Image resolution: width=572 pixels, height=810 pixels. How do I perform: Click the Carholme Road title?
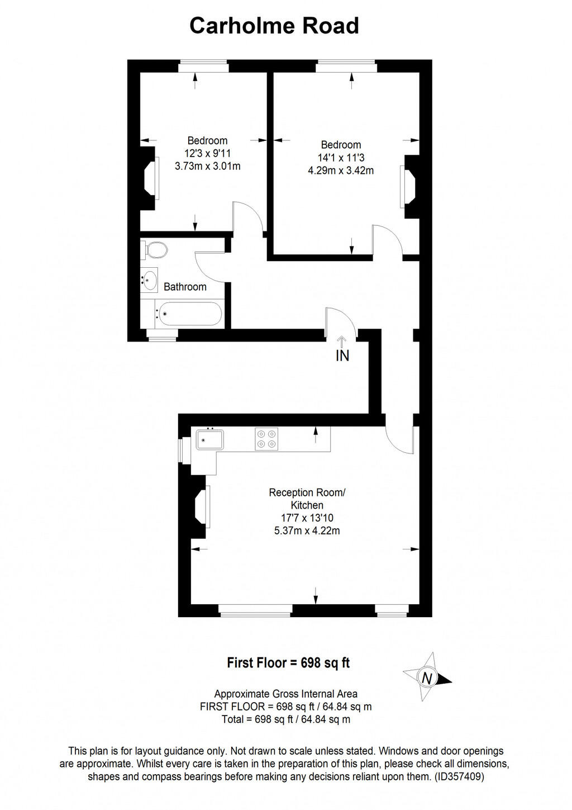[274, 26]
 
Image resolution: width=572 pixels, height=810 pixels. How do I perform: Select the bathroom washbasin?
[150, 280]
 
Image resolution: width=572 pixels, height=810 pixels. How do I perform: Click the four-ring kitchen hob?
[266, 438]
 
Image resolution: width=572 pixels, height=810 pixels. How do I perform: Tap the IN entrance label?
[342, 355]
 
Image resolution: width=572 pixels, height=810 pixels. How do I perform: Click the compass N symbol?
[427, 678]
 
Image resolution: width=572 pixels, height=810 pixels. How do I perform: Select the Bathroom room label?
[185, 287]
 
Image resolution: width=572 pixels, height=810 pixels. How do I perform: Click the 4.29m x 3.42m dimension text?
[341, 170]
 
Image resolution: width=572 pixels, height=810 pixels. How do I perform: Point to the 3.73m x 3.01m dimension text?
[208, 166]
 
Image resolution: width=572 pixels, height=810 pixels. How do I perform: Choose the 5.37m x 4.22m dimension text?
[307, 530]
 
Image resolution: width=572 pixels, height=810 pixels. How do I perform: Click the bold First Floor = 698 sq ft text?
[288, 663]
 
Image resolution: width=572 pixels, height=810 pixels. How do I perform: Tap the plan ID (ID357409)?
[460, 776]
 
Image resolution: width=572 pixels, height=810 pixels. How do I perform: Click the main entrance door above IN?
[339, 323]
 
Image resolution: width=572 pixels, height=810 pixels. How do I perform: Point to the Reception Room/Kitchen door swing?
[400, 439]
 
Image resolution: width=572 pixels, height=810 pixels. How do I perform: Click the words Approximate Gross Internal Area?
[285, 694]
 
